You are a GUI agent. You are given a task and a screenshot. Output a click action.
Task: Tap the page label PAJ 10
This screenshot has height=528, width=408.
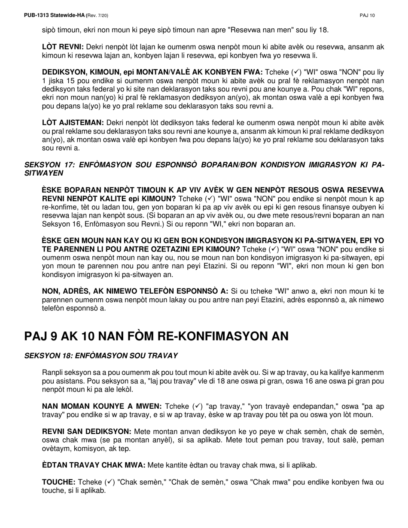(367, 15)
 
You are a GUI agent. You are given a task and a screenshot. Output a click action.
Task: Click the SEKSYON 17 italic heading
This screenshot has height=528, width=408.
(204, 169)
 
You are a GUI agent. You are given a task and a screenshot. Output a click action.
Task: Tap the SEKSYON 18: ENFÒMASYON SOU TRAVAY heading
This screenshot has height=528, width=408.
(101, 355)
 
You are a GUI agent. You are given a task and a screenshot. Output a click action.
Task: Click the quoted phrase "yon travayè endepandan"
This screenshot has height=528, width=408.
(280, 406)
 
